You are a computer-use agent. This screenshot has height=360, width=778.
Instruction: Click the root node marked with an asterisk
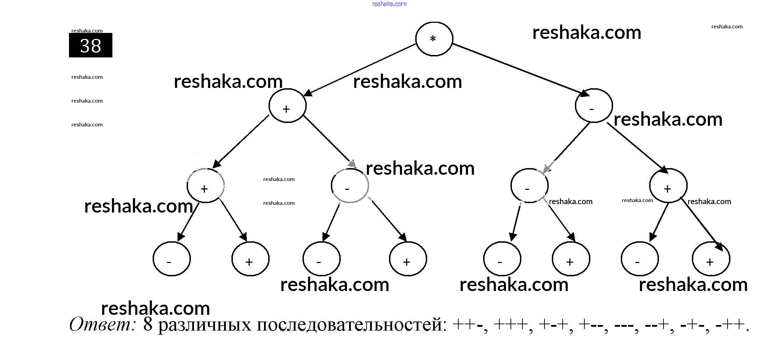434,39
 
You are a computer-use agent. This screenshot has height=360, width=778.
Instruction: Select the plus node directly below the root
287,106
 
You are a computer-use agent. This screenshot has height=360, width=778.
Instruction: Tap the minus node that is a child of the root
594,106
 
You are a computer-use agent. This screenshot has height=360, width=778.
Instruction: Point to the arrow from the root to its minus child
518,69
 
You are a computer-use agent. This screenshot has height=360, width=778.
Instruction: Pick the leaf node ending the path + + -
172,259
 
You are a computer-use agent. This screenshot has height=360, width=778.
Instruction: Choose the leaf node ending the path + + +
250,259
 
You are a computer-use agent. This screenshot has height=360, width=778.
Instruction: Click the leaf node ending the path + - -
321,259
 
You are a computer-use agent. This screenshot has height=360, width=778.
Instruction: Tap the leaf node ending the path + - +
408,259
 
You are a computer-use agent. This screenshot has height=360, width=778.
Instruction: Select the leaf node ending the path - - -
502,259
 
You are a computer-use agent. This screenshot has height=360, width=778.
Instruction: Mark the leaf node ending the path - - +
571,259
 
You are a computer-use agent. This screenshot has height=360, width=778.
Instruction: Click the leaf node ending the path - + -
640,259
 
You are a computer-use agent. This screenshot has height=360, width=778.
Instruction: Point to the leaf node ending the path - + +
711,259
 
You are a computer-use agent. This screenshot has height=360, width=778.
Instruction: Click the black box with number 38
91,46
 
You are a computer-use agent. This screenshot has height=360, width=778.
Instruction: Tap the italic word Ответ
102,325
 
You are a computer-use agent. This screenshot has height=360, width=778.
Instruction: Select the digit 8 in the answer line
148,325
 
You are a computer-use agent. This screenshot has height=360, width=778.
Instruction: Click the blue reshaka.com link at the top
389,4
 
